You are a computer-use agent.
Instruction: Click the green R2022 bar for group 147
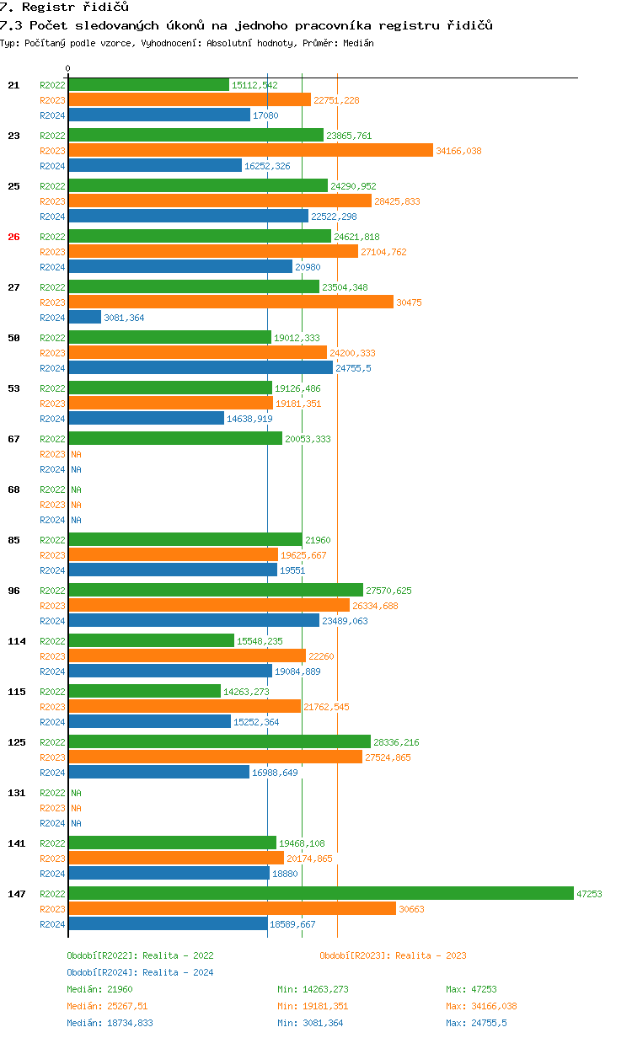click(320, 893)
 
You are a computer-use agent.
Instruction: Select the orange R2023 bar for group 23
click(250, 150)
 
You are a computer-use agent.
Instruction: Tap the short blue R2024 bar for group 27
click(84, 317)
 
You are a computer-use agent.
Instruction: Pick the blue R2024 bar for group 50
click(200, 367)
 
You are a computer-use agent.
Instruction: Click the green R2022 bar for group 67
click(174, 438)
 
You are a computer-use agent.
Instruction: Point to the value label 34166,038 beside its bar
click(458, 151)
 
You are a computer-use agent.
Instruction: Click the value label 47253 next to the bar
click(589, 894)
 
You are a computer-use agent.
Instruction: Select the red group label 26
click(13, 237)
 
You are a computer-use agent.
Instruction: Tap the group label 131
click(17, 793)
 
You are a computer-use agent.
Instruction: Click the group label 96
click(13, 591)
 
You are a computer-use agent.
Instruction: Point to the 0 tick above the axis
click(68, 68)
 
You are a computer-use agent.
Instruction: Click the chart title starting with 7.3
click(246, 25)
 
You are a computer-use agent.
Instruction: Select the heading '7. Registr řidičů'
click(65, 7)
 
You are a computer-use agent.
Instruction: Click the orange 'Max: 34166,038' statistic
click(482, 1006)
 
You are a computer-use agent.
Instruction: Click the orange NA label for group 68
click(76, 505)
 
